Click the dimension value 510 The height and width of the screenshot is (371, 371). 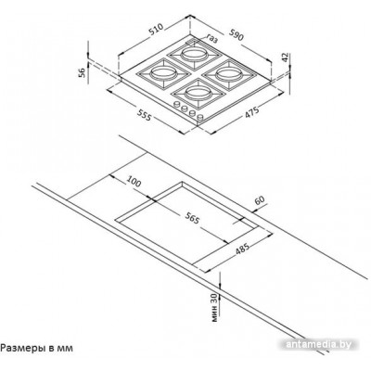pos(157,30)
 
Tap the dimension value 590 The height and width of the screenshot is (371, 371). pos(237,34)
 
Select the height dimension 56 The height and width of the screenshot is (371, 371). pos(82,72)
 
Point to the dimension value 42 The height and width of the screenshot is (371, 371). pos(285,58)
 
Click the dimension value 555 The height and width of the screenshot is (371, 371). pos(144,115)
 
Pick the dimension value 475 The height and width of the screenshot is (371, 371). pos(251,111)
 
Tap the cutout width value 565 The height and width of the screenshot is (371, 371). pos(193,219)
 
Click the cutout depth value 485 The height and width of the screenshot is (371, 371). pos(242,248)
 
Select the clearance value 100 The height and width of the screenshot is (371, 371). pos(134,182)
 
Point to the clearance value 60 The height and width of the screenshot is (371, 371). pos(260,200)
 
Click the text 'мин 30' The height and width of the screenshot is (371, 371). pos(214,307)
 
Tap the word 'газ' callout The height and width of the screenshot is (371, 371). pos(212,39)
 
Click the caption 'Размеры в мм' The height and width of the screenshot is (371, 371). pos(37,348)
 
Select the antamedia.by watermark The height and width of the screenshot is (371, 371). pos(318,344)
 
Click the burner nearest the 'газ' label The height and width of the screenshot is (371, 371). pos(194,55)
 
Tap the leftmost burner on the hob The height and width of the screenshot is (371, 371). pos(162,73)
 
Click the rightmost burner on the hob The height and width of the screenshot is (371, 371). pos(228,73)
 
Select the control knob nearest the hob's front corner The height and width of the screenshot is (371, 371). pos(200,118)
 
